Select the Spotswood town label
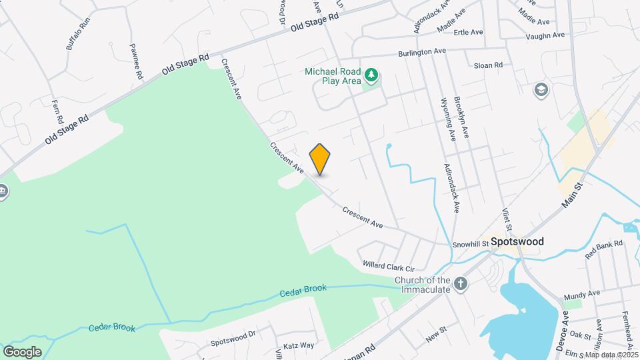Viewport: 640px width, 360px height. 517,241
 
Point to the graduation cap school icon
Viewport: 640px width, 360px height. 541,89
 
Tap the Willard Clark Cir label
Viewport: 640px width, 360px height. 389,265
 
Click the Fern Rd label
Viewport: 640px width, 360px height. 57,111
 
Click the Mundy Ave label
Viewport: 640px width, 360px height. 581,293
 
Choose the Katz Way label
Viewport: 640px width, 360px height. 299,345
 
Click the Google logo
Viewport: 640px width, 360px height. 22,351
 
